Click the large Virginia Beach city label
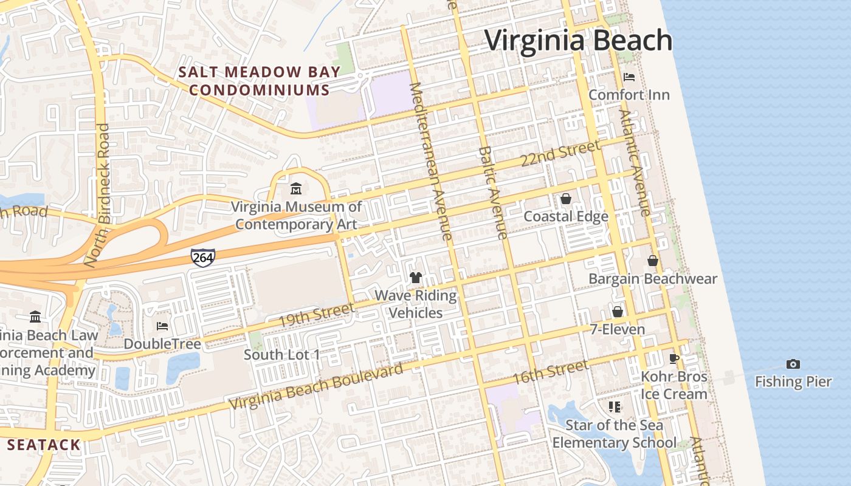[x=578, y=41]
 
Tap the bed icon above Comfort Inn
[x=629, y=77]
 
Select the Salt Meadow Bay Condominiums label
[x=260, y=81]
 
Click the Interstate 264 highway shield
[x=202, y=257]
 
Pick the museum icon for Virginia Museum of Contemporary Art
[x=296, y=188]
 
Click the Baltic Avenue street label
[x=492, y=193]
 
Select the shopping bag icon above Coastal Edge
[x=566, y=199]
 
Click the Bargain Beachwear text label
[x=653, y=279]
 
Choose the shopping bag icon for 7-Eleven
[x=618, y=312]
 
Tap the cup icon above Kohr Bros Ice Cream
[x=674, y=358]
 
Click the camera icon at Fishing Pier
[x=793, y=364]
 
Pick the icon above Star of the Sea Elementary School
[x=615, y=406]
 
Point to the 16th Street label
[x=550, y=372]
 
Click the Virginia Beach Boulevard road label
[x=316, y=386]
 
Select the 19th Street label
[x=316, y=314]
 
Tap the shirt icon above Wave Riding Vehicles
[x=416, y=278]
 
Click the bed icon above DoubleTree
[x=162, y=326]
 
